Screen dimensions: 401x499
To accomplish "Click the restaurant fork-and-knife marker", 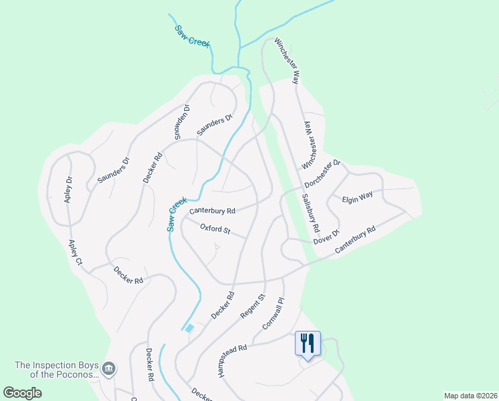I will [308, 344].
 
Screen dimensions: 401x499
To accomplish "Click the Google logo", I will [22, 393].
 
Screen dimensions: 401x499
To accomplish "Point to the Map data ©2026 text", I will [470, 396].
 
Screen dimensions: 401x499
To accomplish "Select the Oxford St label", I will [215, 230].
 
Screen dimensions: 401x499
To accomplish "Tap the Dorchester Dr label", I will [323, 173].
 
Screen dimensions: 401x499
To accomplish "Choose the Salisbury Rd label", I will [311, 213].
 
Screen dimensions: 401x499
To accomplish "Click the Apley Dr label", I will [69, 190].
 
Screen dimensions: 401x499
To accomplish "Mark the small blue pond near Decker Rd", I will [189, 327].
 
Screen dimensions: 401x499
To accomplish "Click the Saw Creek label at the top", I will [192, 36].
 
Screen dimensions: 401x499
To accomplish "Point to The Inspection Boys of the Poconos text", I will [57, 370].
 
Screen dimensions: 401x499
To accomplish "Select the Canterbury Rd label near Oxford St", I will [212, 211].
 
